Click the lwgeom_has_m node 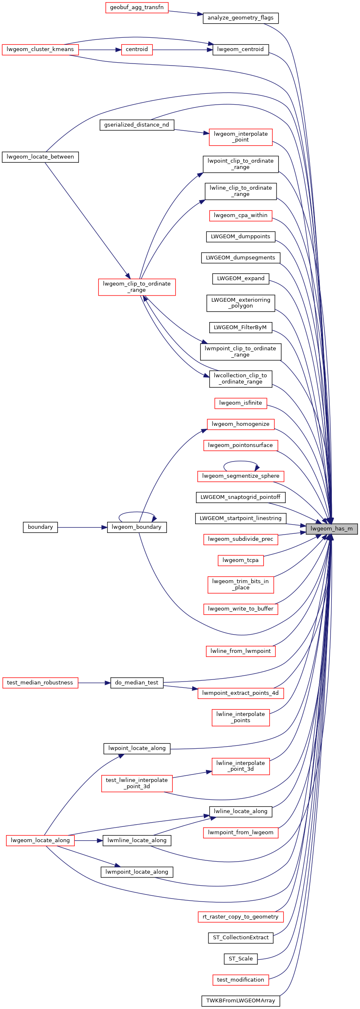coord(331,529)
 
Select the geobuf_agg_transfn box coord(137,7)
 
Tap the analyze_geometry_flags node coord(240,18)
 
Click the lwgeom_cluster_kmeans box coord(40,49)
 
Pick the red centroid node coord(137,49)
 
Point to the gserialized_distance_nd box coord(137,125)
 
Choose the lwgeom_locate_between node coord(40,157)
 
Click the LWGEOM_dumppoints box coord(240,237)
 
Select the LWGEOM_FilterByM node coord(240,327)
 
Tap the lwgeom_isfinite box coord(240,403)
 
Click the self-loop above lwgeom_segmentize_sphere coord(241,462)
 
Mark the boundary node coord(40,527)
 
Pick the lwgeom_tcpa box coord(240,560)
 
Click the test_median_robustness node coord(40,683)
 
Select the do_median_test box coord(137,683)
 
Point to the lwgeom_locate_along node coord(40,840)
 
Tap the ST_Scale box coord(240,959)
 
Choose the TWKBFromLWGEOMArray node coord(240,1001)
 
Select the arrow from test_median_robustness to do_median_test coord(94,683)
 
